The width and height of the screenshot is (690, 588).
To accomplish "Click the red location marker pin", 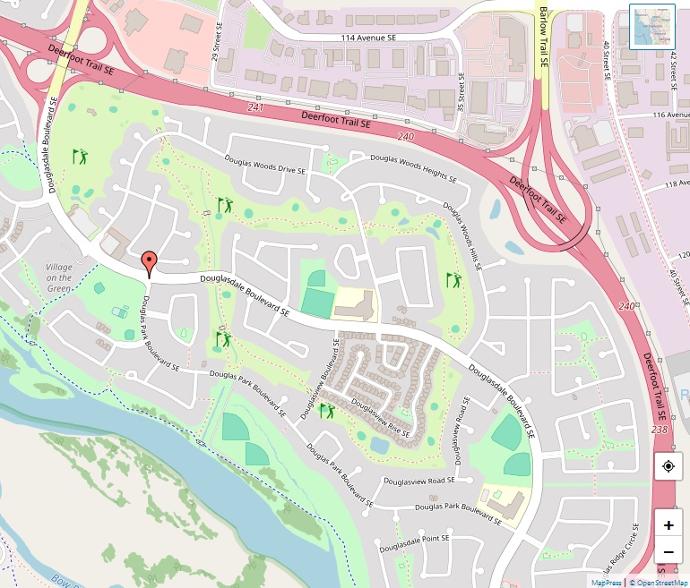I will tap(150, 263).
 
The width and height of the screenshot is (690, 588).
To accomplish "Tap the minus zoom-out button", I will tap(668, 551).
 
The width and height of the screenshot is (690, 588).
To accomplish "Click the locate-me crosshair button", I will tap(668, 466).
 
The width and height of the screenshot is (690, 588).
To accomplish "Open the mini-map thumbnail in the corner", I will tap(651, 27).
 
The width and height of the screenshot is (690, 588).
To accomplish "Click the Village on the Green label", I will tap(59, 277).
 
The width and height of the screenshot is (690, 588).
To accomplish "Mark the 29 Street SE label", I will tap(216, 43).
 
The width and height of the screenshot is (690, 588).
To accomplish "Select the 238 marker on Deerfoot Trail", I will tap(660, 430).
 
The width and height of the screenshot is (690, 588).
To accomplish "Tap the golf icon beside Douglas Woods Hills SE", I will tap(454, 280).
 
